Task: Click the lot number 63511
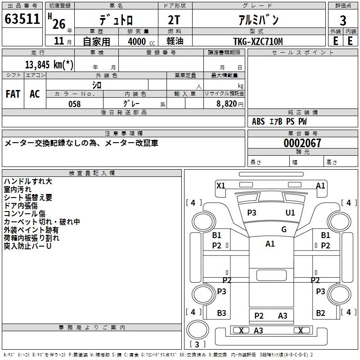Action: pyautogui.click(x=22, y=19)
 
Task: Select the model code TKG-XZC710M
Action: pyautogui.click(x=258, y=41)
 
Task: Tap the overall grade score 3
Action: pyautogui.click(x=343, y=21)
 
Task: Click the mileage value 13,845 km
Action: pyautogui.click(x=49, y=64)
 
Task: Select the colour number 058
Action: pyautogui.click(x=74, y=104)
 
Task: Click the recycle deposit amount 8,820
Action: pyautogui.click(x=226, y=104)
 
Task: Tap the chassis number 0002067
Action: pyautogui.click(x=302, y=143)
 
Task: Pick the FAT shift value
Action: pyautogui.click(x=13, y=94)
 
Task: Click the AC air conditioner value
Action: pyautogui.click(x=35, y=94)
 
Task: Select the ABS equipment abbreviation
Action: pyautogui.click(x=258, y=121)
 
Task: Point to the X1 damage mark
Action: pyautogui.click(x=221, y=185)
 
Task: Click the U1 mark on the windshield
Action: pyautogui.click(x=290, y=213)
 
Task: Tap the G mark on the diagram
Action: pyautogui.click(x=284, y=229)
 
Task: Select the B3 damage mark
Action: pyautogui.click(x=221, y=313)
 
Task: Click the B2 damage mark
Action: pyautogui.click(x=320, y=313)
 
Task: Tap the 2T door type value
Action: pyautogui.click(x=174, y=20)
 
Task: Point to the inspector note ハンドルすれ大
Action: pyautogui.click(x=28, y=181)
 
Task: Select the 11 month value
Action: pyautogui.click(x=59, y=41)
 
